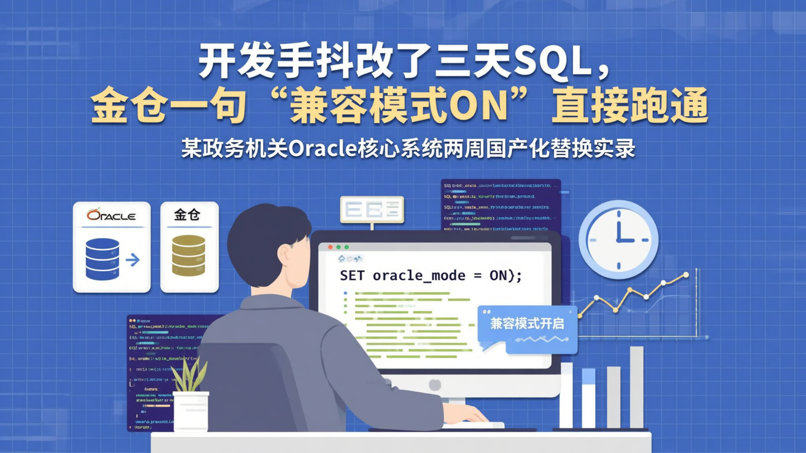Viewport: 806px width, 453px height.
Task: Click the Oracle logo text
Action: pos(111,215)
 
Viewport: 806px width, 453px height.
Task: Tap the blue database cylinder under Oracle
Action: pos(102,259)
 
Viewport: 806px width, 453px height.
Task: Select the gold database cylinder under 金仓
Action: pos(188,256)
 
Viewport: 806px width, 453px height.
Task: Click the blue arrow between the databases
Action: pos(133,259)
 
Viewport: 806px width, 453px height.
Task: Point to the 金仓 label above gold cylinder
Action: pos(188,214)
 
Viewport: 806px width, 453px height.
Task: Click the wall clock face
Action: pos(618,239)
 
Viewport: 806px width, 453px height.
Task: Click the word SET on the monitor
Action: pos(353,275)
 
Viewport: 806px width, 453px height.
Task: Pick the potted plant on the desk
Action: pos(190,397)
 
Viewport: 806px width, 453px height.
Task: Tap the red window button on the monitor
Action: pos(330,247)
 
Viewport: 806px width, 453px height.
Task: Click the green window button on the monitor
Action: pos(346,247)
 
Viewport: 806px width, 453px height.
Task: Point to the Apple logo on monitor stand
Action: pos(434,385)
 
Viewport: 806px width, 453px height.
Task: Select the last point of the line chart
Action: pos(686,275)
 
